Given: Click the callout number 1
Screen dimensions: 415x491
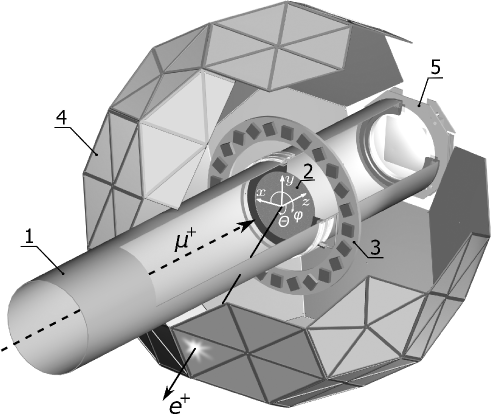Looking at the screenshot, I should coord(34,240).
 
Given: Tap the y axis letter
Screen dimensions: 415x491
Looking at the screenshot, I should coord(288,180).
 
